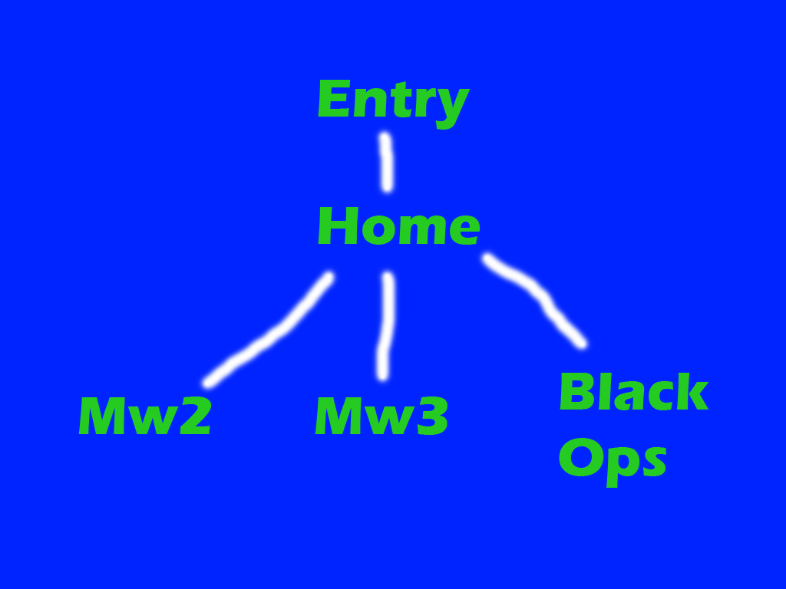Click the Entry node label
[392, 100]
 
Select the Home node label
[398, 228]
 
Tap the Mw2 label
[144, 417]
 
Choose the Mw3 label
[381, 417]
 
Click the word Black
[633, 393]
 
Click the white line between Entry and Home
[385, 162]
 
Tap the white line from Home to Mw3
[385, 326]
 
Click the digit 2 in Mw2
[195, 417]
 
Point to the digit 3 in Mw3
[433, 417]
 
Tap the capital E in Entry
[332, 100]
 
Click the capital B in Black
[575, 393]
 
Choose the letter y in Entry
[451, 106]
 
